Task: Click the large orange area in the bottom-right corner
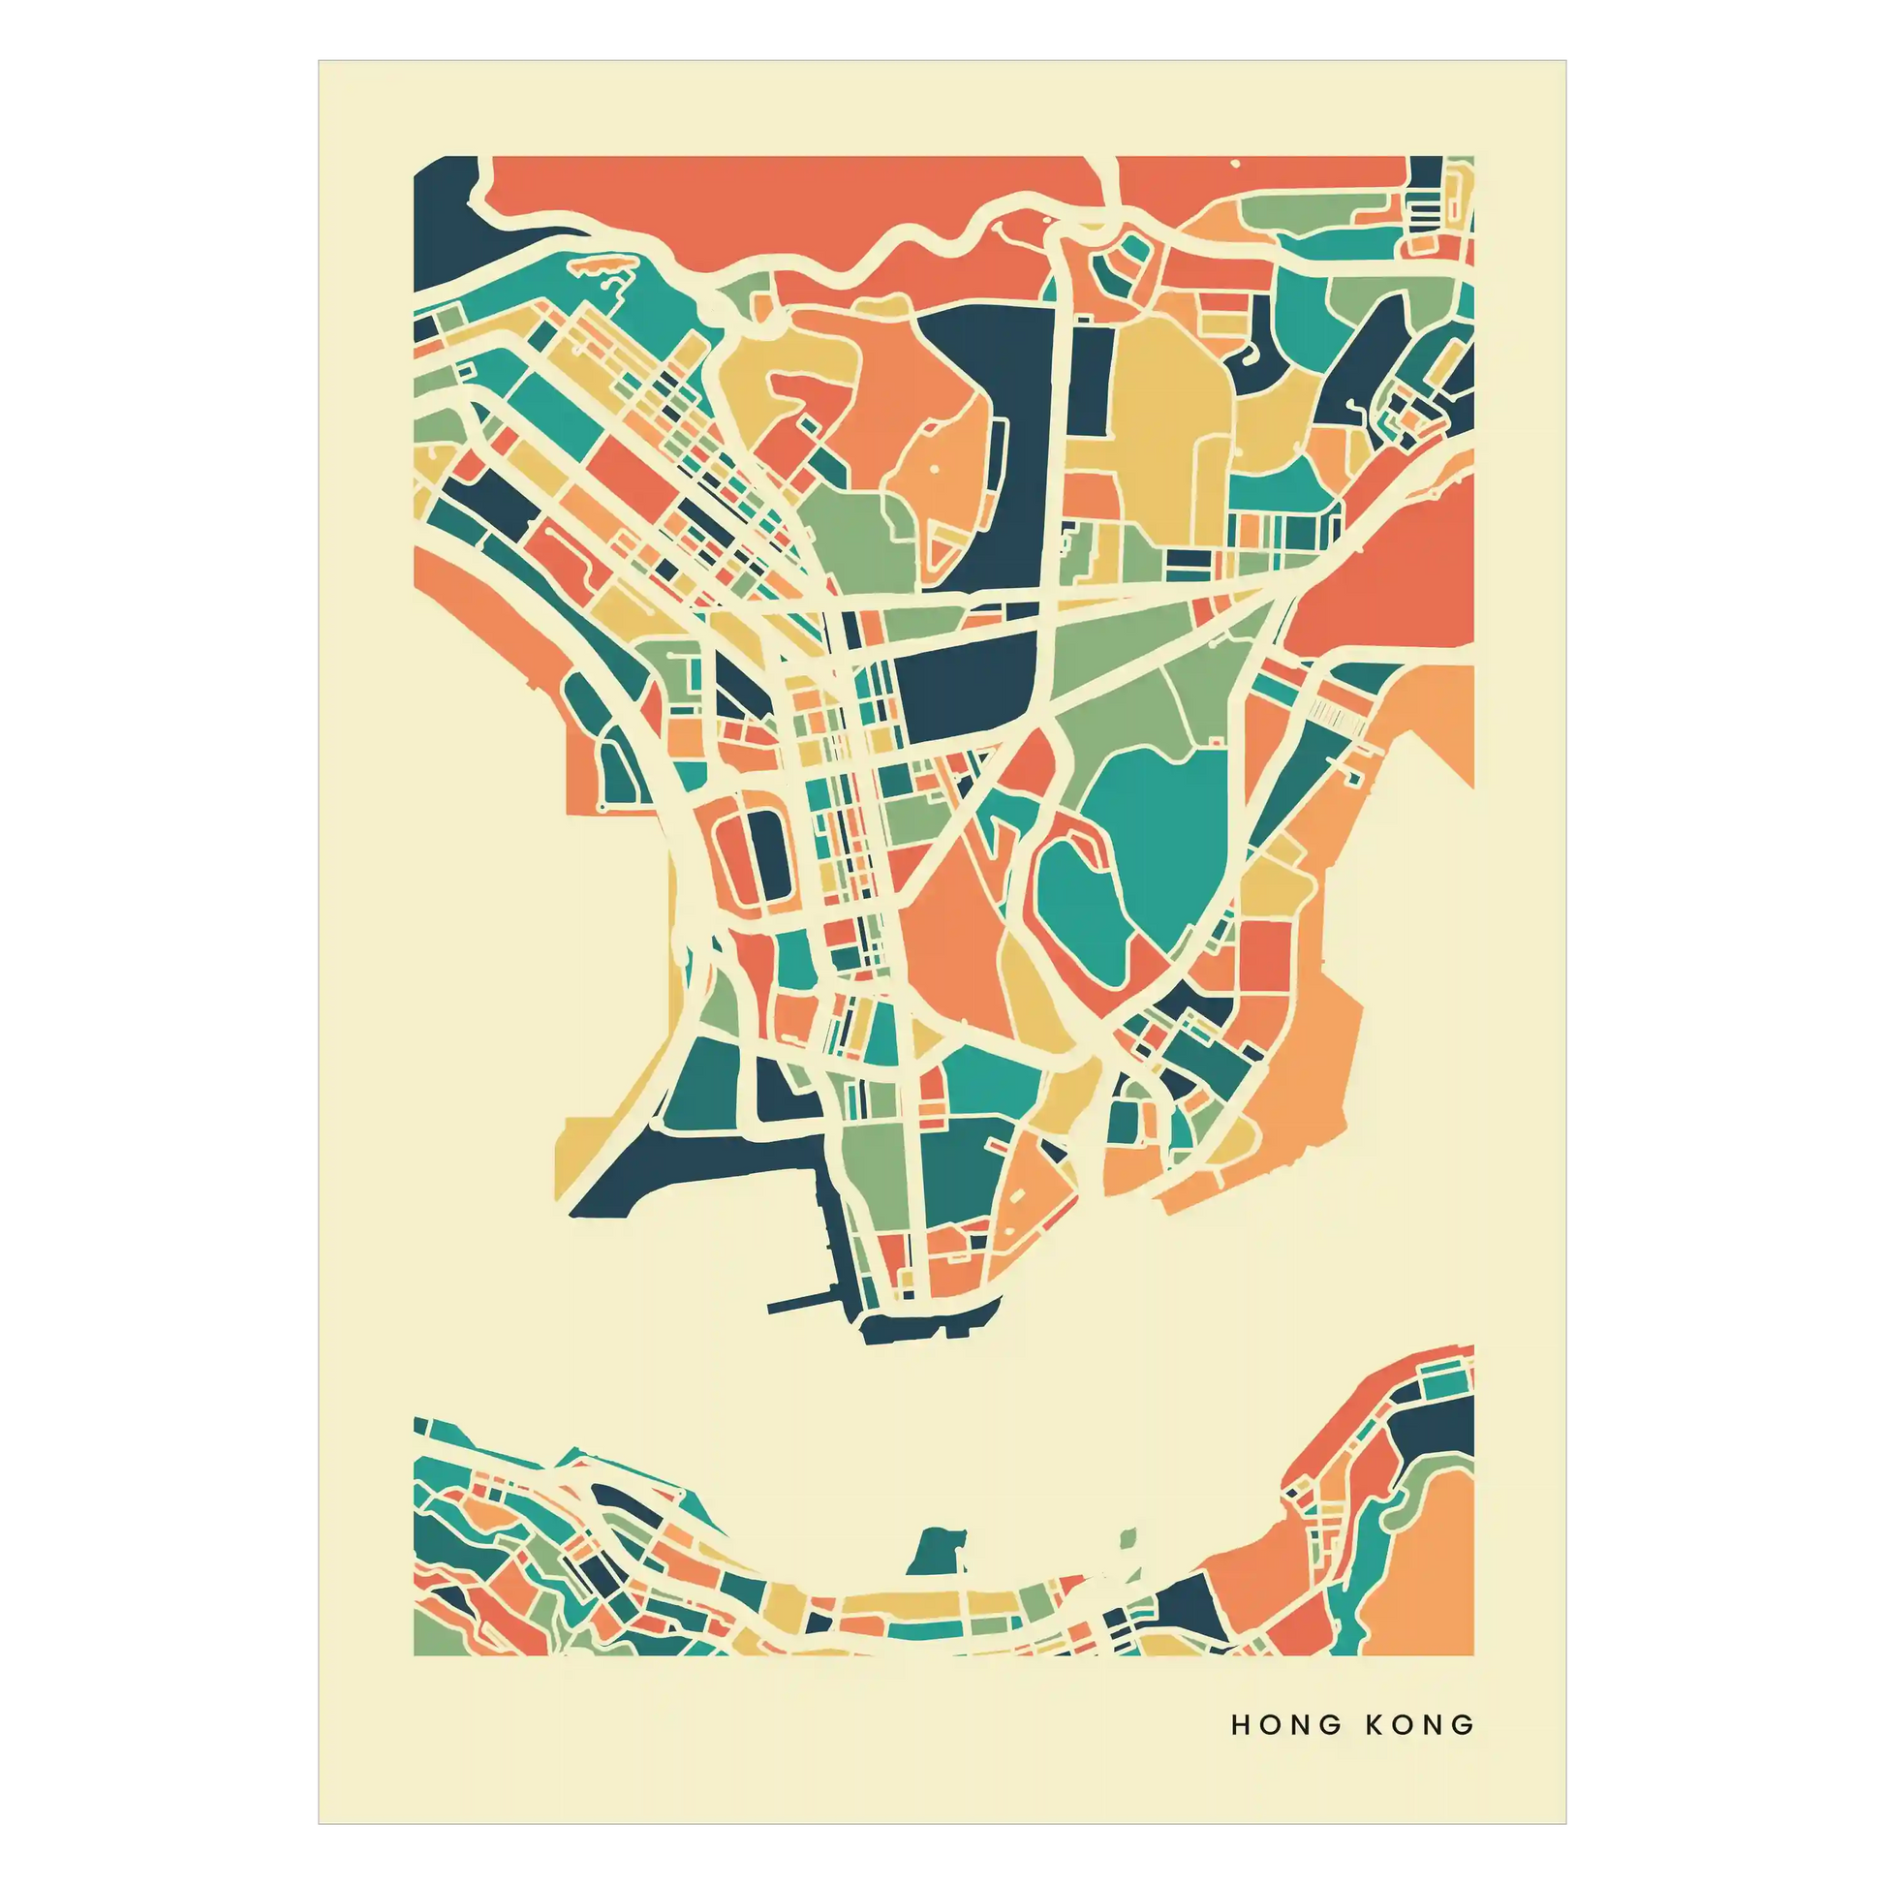pyautogui.click(x=1425, y=1571)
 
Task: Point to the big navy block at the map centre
pyautogui.click(x=966, y=683)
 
